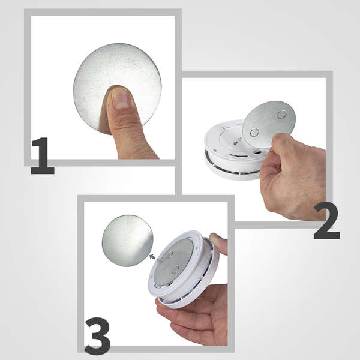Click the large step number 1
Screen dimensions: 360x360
[x=43, y=155]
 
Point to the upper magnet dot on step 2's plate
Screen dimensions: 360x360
[x=282, y=114]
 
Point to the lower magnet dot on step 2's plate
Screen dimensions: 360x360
[x=254, y=133]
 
